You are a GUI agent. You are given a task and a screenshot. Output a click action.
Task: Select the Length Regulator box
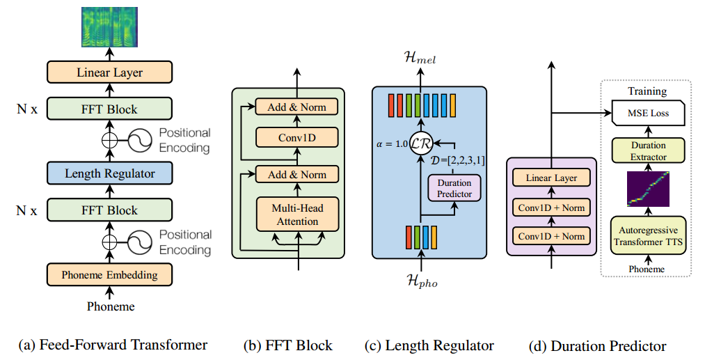point(109,173)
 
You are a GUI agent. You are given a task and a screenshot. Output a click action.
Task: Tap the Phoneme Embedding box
point(109,274)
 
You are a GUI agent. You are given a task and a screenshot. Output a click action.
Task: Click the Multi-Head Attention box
point(296,214)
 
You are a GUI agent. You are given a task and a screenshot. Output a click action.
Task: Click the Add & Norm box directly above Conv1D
point(296,107)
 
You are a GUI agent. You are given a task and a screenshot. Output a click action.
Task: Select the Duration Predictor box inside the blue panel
point(453,187)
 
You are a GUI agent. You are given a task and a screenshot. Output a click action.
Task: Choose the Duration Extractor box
point(648,151)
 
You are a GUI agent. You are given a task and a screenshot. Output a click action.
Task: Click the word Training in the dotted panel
point(647,91)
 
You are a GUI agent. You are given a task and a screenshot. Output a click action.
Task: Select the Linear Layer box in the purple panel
point(550,178)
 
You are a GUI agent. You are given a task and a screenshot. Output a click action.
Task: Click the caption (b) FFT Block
point(287,345)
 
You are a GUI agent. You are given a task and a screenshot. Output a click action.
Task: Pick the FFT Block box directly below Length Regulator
point(109,210)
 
